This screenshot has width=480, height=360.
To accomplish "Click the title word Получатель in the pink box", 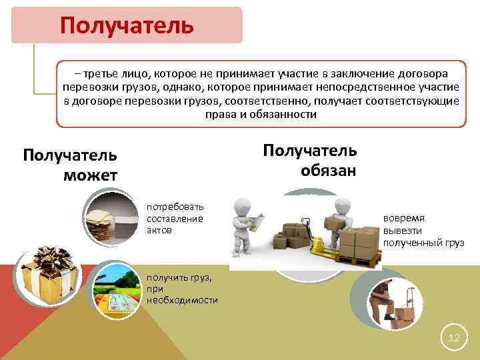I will (127, 25).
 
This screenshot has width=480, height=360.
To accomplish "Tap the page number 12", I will (454, 338).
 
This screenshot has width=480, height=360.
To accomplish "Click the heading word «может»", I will (91, 175).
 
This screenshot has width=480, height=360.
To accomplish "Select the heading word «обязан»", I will (328, 170).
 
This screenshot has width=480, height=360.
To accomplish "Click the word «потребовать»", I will (175, 207).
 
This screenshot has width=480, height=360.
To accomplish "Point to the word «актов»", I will (159, 229).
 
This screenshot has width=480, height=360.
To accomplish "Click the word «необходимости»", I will (183, 300).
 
